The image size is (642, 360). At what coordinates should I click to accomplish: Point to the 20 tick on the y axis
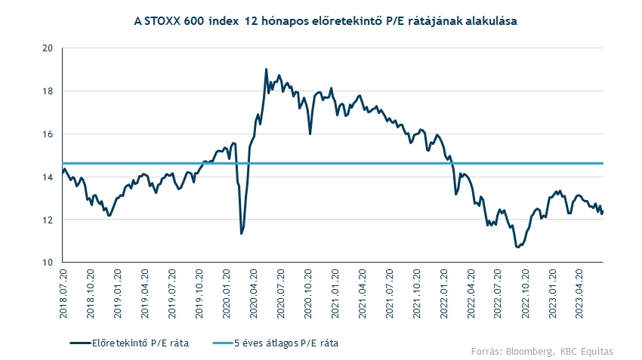[x=47, y=48]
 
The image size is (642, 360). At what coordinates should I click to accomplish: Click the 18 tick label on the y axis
[x=47, y=91]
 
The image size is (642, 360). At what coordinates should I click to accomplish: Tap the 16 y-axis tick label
[x=47, y=134]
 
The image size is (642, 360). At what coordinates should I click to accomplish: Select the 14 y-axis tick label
[x=47, y=177]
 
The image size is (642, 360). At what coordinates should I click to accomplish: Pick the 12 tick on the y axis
[x=47, y=220]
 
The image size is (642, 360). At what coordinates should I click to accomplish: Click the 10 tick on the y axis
[x=47, y=263]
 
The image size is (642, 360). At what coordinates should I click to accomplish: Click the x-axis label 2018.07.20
[x=63, y=291]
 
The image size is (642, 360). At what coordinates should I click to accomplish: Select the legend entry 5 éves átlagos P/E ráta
[x=285, y=343]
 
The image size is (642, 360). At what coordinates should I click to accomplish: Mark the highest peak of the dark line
[x=267, y=69]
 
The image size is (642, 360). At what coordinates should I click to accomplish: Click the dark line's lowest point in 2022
[x=518, y=247]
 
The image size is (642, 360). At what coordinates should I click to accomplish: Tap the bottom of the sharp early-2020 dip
[x=241, y=233]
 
